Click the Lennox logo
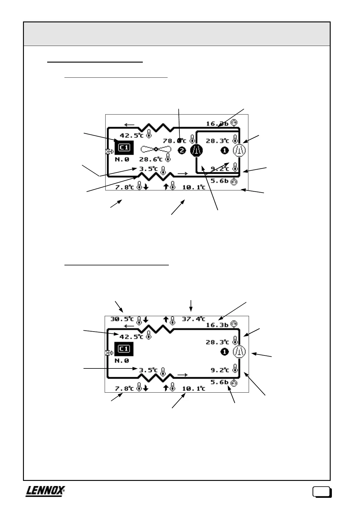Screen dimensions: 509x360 [x=45, y=491]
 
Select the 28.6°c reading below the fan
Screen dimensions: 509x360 [x=151, y=159]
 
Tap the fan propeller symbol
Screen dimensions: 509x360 [x=156, y=149]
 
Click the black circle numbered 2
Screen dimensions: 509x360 [x=182, y=150]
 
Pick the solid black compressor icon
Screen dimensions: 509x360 [x=196, y=150]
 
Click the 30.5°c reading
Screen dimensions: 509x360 [x=122, y=319]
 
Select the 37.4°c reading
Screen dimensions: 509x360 [x=193, y=319]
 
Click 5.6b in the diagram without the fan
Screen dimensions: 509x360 [x=219, y=382]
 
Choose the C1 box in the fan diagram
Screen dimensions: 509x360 [x=124, y=148]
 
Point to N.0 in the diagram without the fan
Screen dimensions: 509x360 [x=122, y=361]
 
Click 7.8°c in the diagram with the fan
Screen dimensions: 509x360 [x=124, y=187]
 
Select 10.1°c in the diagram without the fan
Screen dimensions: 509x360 [x=193, y=388]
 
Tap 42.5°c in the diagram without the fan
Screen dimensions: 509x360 [x=131, y=337]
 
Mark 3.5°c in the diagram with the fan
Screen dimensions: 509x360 [x=148, y=169]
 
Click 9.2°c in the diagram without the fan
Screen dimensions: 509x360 [x=220, y=370]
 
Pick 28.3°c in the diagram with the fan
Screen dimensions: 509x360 [x=217, y=141]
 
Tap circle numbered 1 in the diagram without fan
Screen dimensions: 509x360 [x=224, y=352]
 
